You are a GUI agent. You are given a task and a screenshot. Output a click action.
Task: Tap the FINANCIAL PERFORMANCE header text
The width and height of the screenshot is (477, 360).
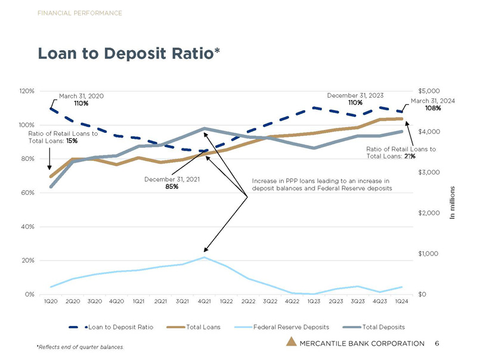(80, 13)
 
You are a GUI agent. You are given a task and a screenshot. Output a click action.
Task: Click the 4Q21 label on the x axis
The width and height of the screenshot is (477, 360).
(204, 302)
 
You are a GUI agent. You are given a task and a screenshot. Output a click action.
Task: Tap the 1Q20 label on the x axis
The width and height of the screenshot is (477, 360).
(51, 302)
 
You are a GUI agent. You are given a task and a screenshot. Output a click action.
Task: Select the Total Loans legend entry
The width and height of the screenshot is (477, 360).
(203, 327)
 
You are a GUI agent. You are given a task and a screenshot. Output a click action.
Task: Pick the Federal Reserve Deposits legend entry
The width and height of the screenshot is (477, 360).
(290, 327)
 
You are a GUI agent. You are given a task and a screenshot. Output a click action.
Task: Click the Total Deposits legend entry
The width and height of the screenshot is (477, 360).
(383, 327)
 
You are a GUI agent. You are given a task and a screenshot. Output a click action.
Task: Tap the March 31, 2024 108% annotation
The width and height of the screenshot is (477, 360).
(433, 104)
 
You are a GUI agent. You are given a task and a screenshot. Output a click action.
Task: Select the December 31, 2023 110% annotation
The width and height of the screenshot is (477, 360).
(356, 99)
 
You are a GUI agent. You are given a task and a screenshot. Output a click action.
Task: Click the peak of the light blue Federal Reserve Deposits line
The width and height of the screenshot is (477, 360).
(205, 257)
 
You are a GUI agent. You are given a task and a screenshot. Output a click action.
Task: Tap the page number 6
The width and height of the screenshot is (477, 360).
(437, 343)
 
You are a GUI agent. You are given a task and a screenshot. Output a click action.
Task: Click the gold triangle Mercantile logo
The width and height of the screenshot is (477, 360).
(290, 342)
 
